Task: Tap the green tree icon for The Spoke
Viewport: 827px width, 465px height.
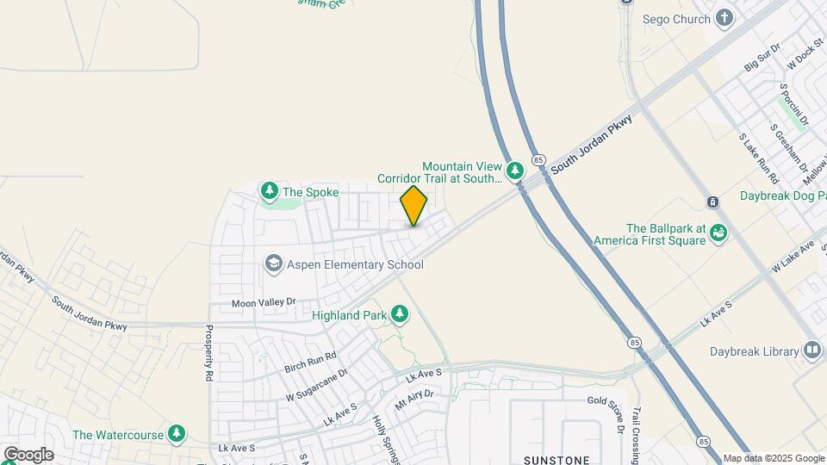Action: point(270,190)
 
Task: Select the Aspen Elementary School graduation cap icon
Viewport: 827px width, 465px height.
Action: point(274,263)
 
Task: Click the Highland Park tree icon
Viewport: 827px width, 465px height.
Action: point(399,314)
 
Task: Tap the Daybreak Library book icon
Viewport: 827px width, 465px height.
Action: point(811,350)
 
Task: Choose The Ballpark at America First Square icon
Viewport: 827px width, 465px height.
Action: point(718,232)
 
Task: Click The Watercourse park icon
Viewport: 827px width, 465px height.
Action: point(177,434)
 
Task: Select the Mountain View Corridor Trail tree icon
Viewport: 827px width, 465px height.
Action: point(515,170)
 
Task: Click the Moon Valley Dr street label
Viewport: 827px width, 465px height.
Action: point(264,302)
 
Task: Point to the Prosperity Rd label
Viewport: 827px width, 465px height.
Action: point(209,353)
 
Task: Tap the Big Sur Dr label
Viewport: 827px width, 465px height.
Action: point(762,58)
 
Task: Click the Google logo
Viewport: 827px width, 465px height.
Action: point(28,454)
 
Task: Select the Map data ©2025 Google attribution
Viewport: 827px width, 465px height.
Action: point(774,459)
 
